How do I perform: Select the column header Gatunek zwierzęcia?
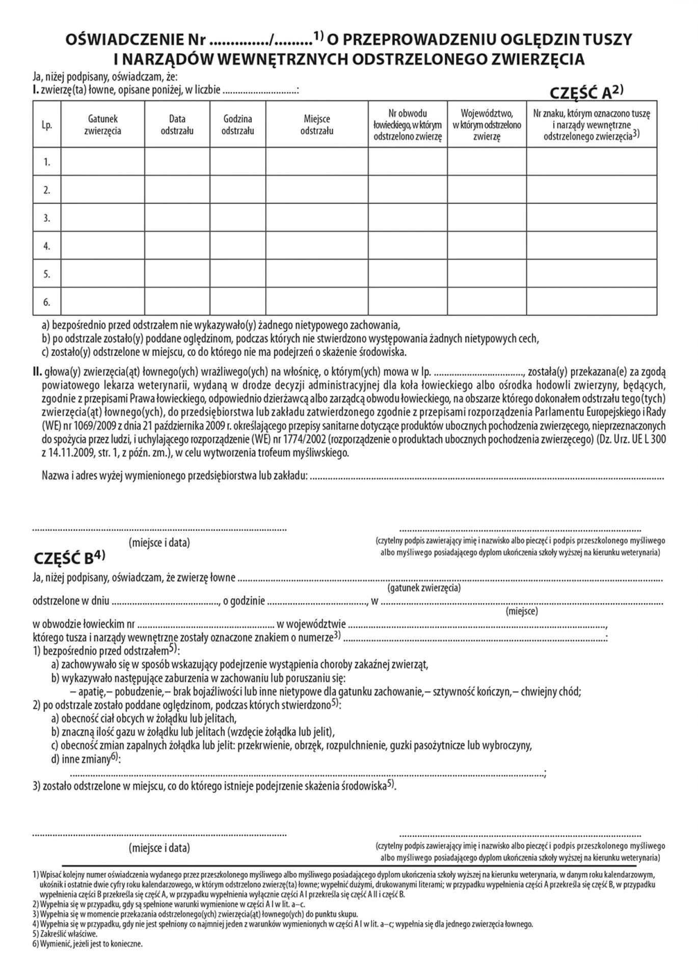pyautogui.click(x=103, y=124)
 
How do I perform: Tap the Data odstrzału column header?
pyautogui.click(x=177, y=124)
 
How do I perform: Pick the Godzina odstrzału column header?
pyautogui.click(x=237, y=124)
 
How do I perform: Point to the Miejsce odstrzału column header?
pyautogui.click(x=317, y=124)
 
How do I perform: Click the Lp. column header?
pyautogui.click(x=47, y=125)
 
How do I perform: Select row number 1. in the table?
pyautogui.click(x=47, y=162)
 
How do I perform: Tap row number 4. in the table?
pyautogui.click(x=47, y=246)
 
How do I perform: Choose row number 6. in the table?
pyautogui.click(x=47, y=302)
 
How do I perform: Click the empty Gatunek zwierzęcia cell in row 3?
pyautogui.click(x=103, y=218)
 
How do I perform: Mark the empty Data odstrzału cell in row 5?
pyautogui.click(x=177, y=274)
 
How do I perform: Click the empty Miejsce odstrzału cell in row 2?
pyautogui.click(x=317, y=190)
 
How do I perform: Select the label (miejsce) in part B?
pyautogui.click(x=522, y=611)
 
